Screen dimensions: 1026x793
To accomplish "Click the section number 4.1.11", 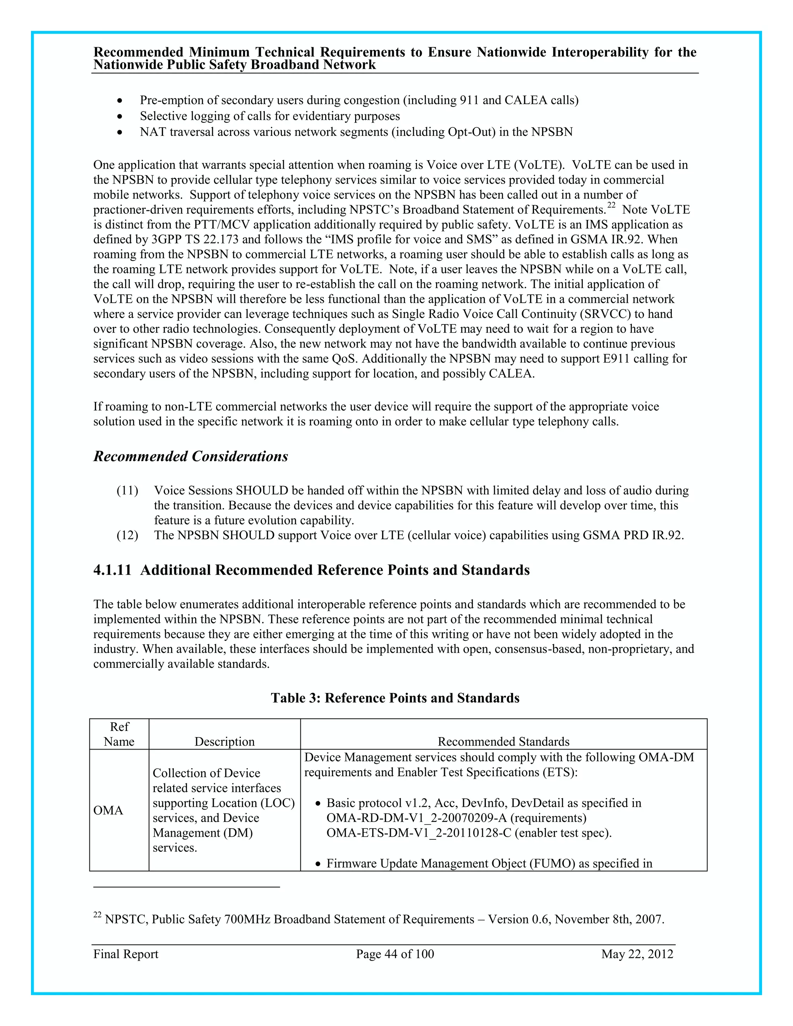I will click(x=112, y=570).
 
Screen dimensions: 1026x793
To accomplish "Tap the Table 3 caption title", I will click(x=395, y=698).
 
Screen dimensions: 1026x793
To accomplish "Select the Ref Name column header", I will click(x=119, y=734).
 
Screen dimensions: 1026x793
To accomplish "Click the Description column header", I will click(x=225, y=741).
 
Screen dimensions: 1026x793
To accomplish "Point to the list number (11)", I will click(x=127, y=491).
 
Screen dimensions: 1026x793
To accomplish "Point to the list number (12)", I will click(x=127, y=535).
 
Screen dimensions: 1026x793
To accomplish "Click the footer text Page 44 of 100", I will click(x=395, y=954).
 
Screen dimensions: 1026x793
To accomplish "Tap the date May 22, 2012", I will click(x=637, y=954).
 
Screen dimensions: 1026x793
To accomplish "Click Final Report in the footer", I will click(x=126, y=954).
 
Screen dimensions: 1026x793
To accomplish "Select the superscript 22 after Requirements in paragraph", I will click(x=611, y=205).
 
